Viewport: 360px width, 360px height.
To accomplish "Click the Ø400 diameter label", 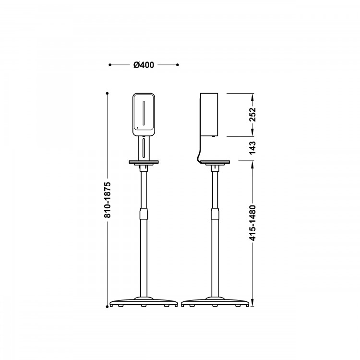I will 144,65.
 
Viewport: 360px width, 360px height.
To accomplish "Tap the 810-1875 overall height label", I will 108,200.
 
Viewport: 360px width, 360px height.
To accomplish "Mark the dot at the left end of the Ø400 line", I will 110,65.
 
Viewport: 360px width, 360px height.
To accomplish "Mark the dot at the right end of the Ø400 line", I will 177,65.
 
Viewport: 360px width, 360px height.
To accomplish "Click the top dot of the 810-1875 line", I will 108,93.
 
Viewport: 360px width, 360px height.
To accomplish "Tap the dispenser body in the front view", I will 144,114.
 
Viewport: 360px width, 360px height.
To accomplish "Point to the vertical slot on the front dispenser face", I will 144,113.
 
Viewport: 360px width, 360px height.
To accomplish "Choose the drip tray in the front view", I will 144,162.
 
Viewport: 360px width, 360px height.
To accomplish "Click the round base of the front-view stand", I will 144,302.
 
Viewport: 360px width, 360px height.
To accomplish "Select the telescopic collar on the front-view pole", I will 144,213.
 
